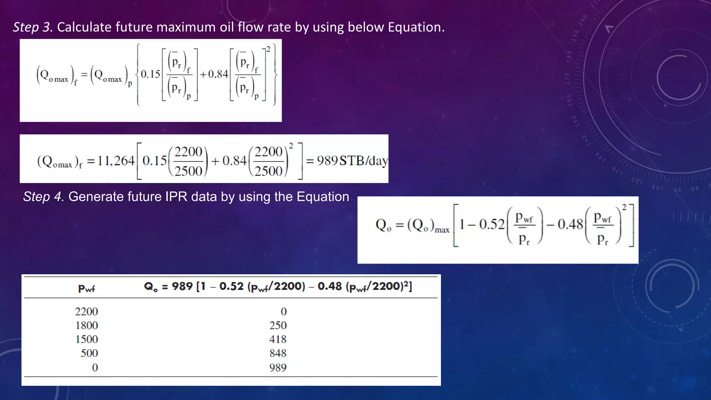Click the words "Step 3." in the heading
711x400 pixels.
(33, 27)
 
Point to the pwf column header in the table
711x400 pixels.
(86, 288)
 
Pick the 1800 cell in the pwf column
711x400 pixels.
(87, 325)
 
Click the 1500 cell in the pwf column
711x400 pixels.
(87, 339)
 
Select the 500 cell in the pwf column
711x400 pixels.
(89, 353)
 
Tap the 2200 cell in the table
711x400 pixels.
(87, 311)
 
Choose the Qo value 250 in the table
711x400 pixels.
(278, 325)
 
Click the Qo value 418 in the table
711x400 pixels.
(278, 339)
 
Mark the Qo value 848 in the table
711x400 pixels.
(278, 353)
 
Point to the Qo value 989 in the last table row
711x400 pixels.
(278, 367)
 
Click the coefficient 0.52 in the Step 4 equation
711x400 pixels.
(492, 225)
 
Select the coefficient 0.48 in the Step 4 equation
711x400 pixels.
(570, 225)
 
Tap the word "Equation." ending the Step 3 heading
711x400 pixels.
(416, 27)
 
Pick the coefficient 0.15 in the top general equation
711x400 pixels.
(150, 74)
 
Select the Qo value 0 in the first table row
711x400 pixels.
(284, 311)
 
